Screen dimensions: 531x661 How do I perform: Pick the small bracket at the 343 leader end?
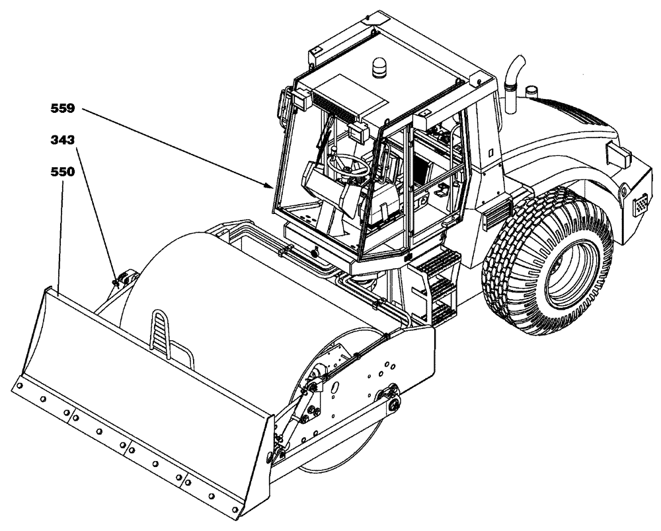click(121, 278)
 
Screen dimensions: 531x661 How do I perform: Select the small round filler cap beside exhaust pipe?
click(531, 89)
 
